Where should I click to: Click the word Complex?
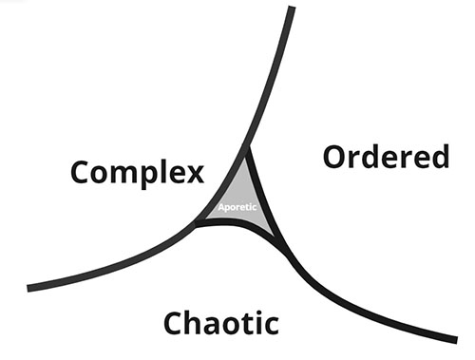(139, 173)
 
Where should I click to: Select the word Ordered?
(386, 156)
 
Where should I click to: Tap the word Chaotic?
(221, 322)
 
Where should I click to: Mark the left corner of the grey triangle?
(197, 224)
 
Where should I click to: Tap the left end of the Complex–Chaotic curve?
(30, 287)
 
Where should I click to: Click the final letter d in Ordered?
(438, 156)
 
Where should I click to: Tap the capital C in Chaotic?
(176, 323)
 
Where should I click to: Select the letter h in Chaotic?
(199, 322)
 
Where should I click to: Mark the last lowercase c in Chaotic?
(271, 325)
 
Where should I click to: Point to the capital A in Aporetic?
(219, 207)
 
